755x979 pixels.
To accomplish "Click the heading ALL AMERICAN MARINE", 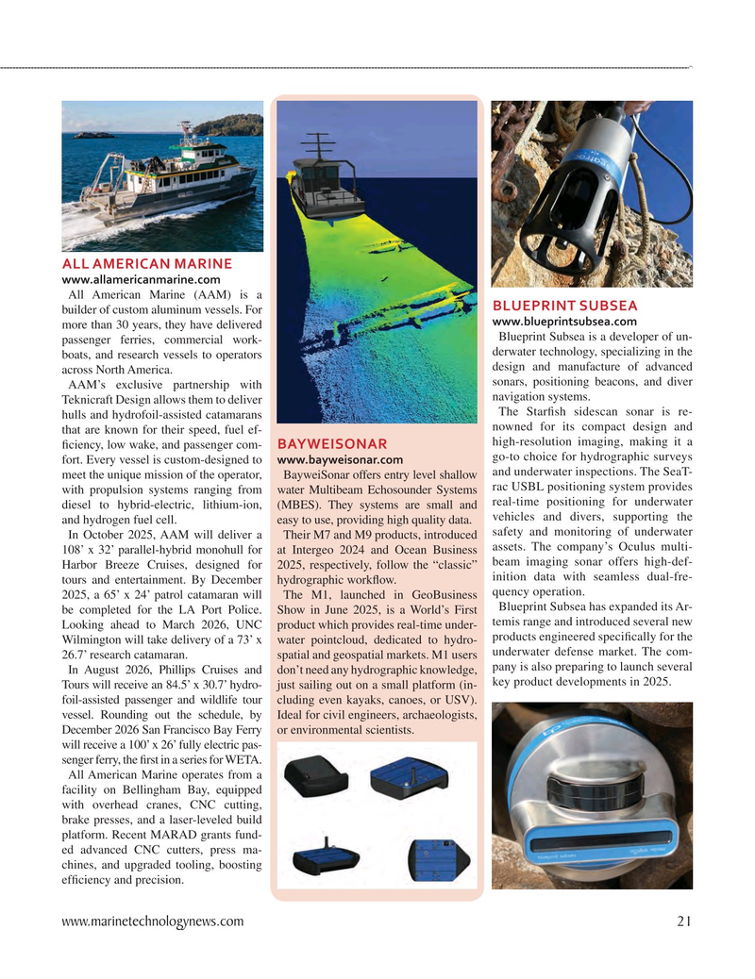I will click(x=146, y=262).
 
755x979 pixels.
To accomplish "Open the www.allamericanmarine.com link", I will click(x=141, y=279).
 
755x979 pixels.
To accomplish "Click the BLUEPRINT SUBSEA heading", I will click(x=565, y=306).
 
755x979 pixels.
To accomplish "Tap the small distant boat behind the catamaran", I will click(x=93, y=135).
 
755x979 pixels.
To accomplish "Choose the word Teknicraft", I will click(x=95, y=400).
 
